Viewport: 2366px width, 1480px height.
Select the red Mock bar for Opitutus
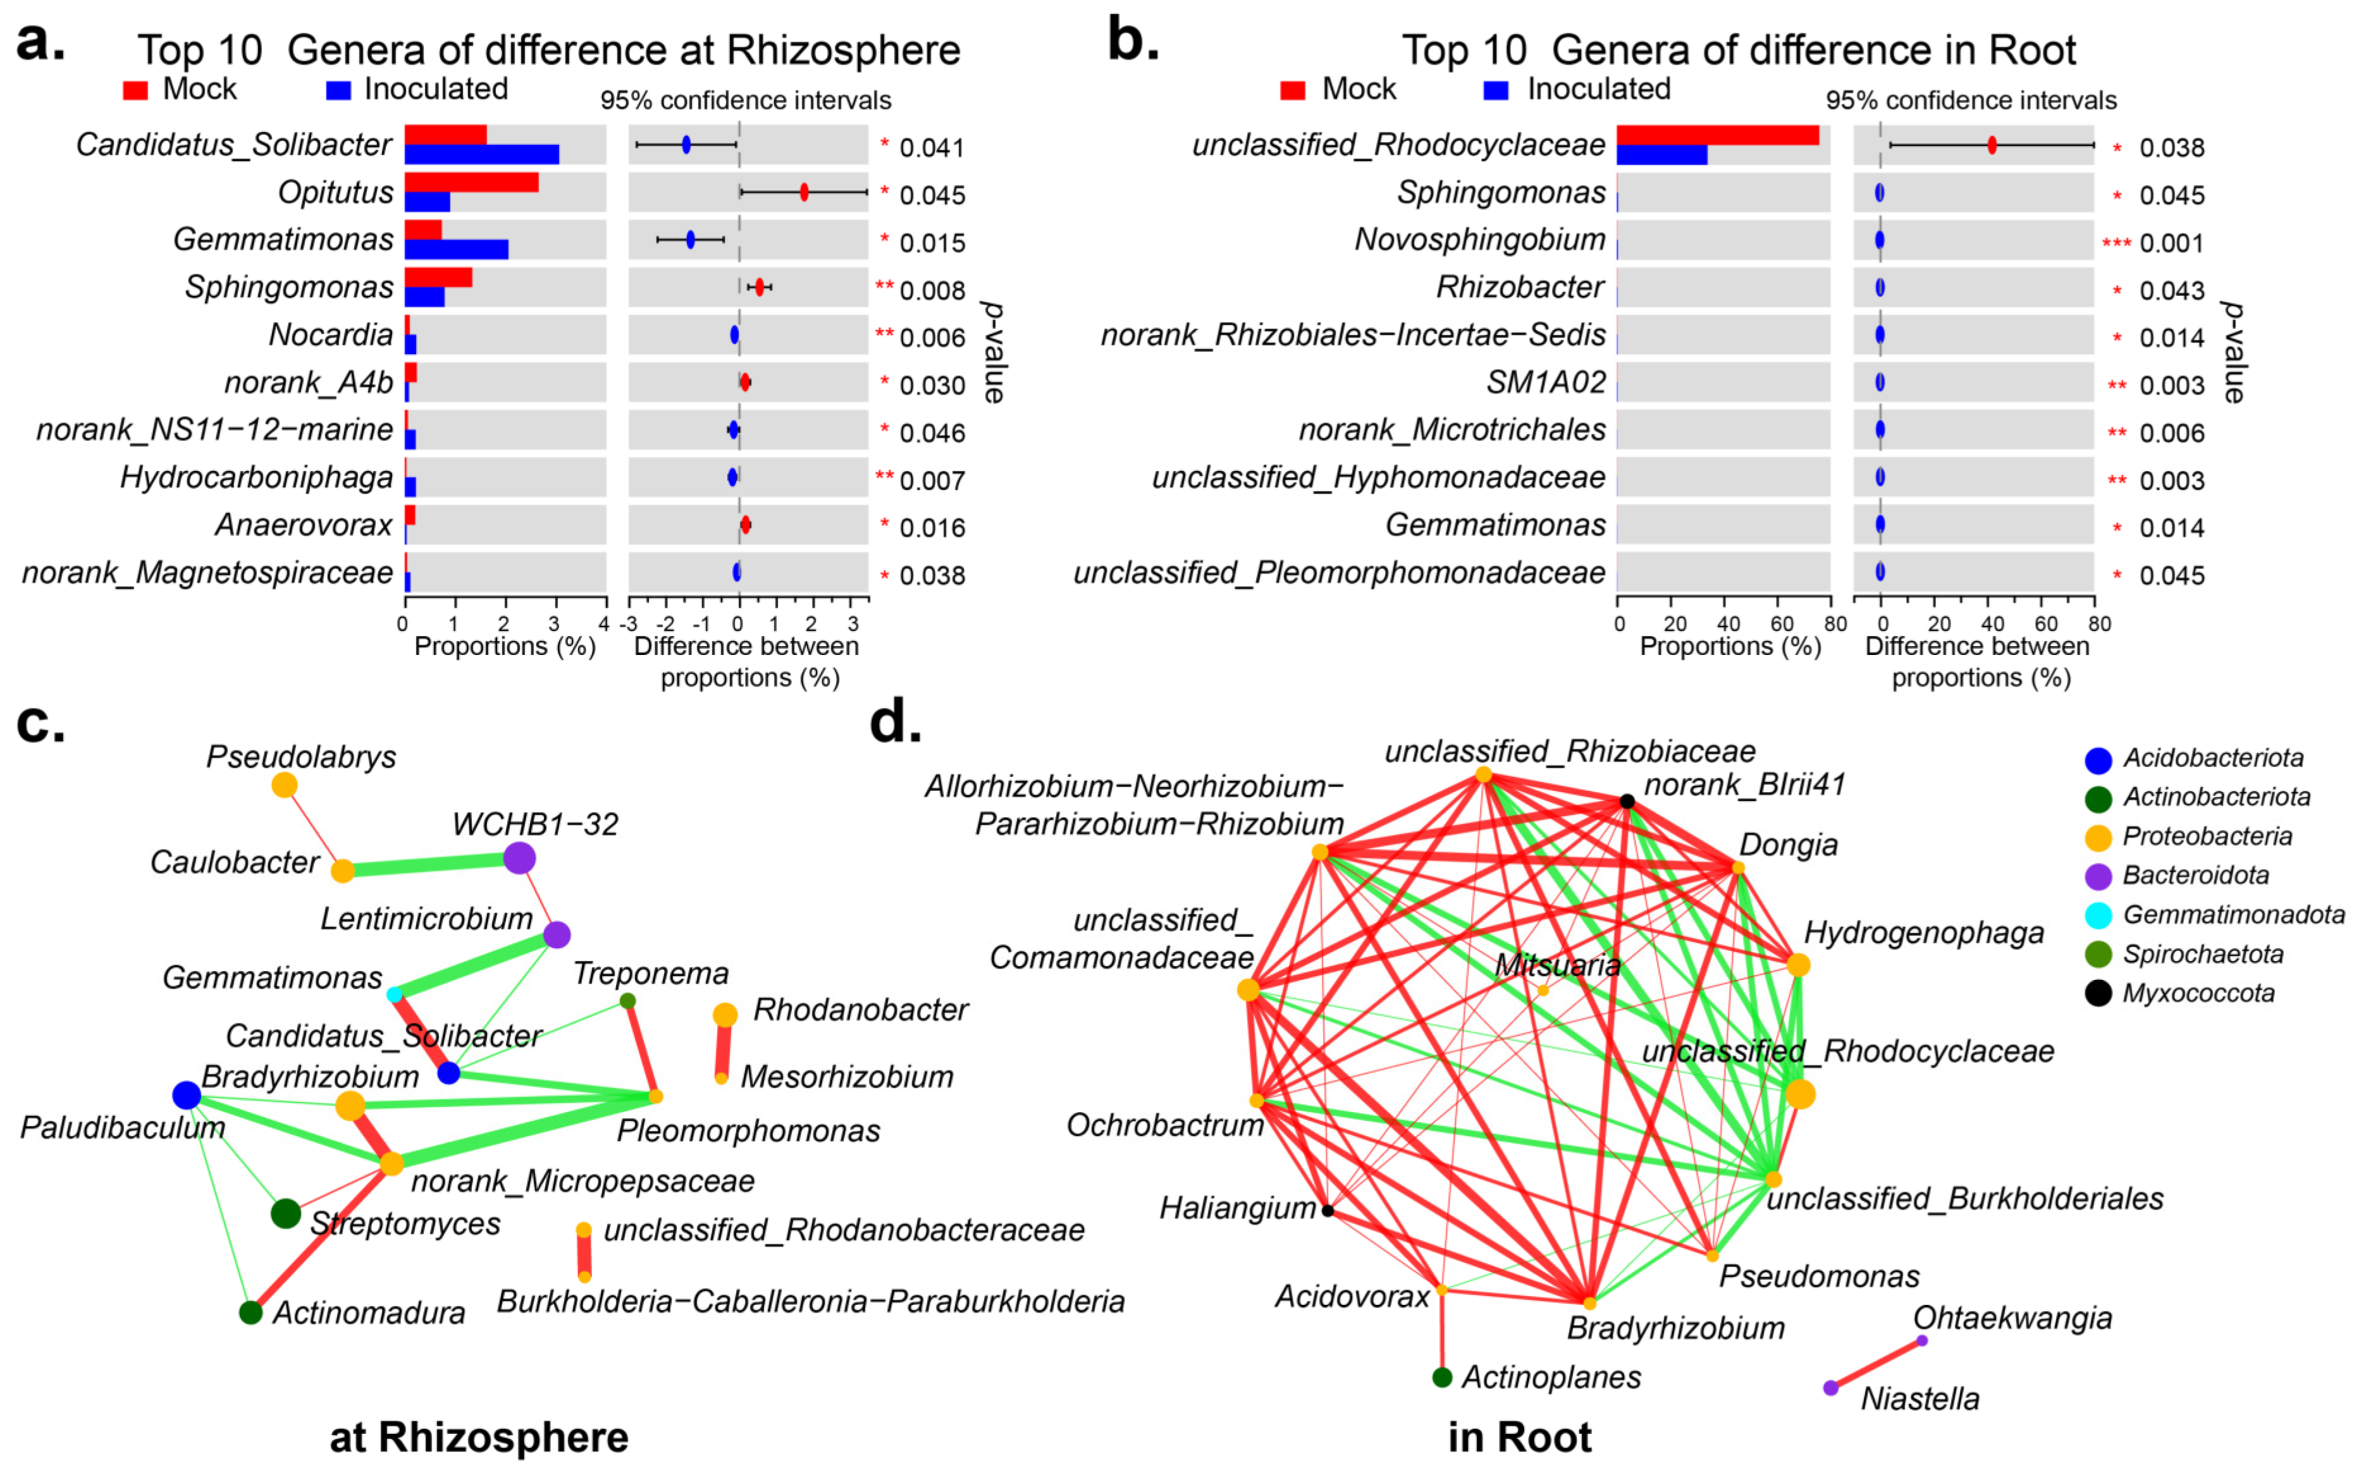coord(471,182)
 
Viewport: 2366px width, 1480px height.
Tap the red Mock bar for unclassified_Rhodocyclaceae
coord(1717,135)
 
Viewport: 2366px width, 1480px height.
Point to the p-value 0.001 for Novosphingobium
coord(2171,243)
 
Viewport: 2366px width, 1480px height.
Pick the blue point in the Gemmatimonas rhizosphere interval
coord(690,240)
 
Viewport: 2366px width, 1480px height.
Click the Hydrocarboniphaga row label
coord(257,478)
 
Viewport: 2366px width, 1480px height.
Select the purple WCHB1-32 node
coord(519,859)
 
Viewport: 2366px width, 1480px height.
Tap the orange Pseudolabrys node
coord(284,785)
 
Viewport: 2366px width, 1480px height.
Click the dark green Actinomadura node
coord(250,1312)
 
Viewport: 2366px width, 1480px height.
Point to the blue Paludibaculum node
coord(186,1096)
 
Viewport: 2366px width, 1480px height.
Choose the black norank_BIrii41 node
coord(1627,802)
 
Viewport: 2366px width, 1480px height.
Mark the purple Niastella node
coord(1830,1388)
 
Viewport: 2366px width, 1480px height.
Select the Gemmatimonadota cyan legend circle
coord(2098,915)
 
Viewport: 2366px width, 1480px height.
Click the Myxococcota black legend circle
coord(2098,994)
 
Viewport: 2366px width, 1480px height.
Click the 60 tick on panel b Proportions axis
coord(1782,623)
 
